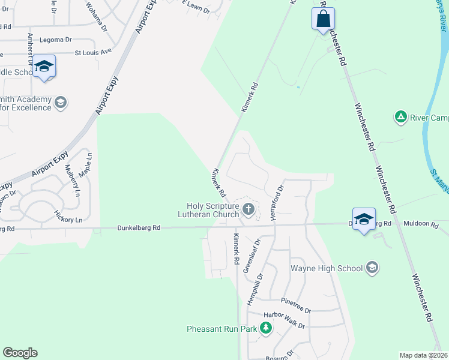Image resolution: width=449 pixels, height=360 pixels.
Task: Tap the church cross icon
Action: (249, 209)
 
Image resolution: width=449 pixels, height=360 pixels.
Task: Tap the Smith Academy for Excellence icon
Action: (60, 103)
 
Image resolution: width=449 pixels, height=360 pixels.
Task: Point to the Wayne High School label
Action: (327, 268)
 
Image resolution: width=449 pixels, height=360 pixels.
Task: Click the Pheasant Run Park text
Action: (221, 329)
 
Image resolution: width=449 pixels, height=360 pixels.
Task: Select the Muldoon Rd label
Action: (421, 223)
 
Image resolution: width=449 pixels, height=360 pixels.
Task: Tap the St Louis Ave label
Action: (93, 52)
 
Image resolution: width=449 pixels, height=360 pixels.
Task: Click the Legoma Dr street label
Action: (56, 40)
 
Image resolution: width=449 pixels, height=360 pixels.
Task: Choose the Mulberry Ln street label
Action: (72, 181)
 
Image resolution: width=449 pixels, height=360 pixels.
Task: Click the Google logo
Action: (20, 353)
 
